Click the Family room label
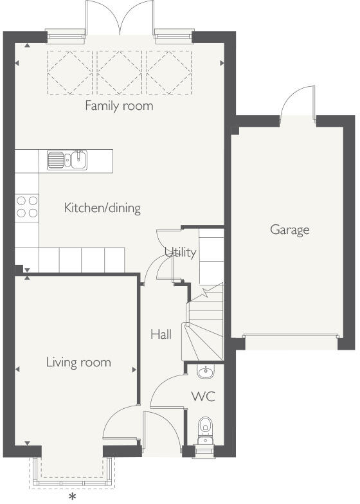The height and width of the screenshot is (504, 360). point(119,105)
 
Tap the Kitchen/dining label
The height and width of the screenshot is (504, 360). point(102,208)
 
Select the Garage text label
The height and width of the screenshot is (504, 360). point(289,230)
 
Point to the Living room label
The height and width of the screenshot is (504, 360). point(78,362)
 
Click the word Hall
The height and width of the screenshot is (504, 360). point(161,334)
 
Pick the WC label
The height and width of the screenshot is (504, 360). point(203,396)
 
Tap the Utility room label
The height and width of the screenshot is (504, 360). point(180,252)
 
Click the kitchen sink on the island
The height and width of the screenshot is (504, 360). point(67,159)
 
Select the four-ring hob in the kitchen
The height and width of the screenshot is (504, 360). point(26,206)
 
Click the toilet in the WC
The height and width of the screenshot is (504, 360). point(205,426)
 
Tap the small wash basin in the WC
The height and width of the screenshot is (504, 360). point(206,372)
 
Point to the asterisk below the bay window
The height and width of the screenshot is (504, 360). point(73,497)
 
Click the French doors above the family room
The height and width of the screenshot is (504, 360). point(119,16)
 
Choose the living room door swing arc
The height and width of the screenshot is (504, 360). point(117,424)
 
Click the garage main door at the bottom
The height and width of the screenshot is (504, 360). point(290,336)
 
